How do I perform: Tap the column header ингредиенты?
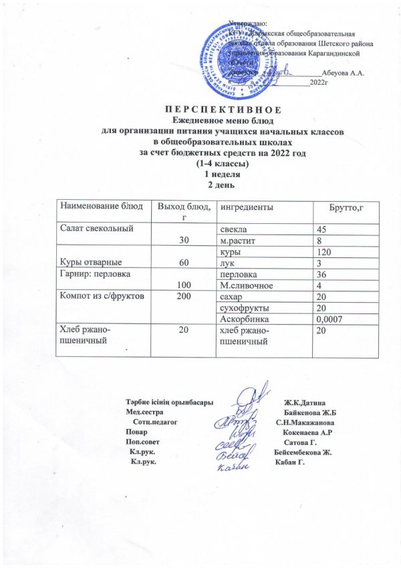(x=247, y=208)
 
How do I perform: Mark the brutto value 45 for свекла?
(x=323, y=229)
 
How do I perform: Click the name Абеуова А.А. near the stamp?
(x=342, y=73)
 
